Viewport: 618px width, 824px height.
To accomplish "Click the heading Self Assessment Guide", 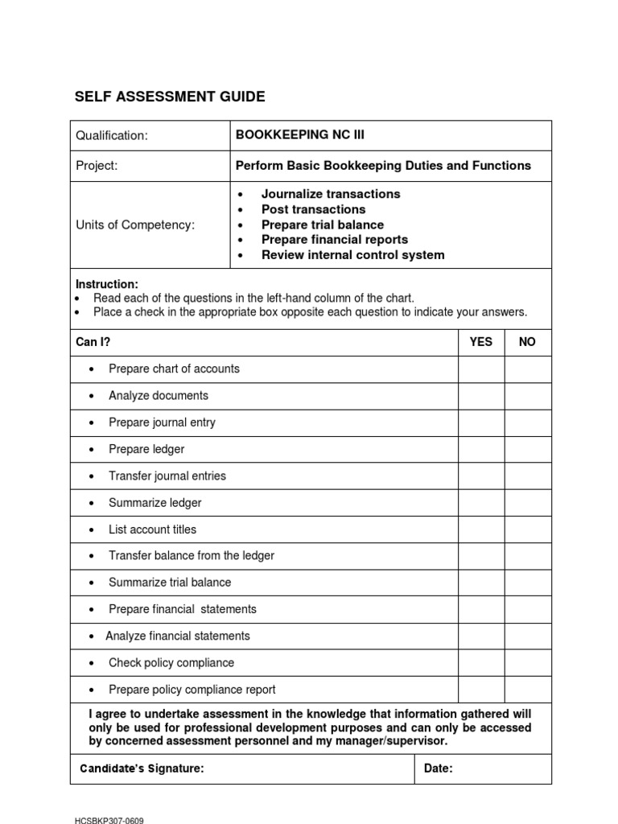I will tap(170, 97).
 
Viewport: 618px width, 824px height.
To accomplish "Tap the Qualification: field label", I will tap(112, 135).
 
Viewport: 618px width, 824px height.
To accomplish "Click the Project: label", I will tap(97, 166).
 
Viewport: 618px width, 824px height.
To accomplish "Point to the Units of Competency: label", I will tap(135, 225).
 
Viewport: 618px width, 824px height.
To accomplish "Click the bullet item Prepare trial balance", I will tap(322, 225).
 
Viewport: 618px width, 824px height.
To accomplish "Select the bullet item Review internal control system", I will tap(352, 255).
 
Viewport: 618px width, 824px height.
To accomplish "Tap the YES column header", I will tap(481, 342).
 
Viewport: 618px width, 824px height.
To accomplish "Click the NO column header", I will tap(527, 342).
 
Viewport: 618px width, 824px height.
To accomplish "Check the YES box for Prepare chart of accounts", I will tap(481, 369).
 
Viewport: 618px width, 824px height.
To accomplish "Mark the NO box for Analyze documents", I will tap(528, 396).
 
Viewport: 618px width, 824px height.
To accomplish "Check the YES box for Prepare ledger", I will tap(481, 449).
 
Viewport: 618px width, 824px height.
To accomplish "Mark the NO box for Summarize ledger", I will tap(528, 503).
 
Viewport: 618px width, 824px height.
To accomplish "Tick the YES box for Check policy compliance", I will tap(481, 663).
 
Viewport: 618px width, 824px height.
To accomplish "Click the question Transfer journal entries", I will tap(167, 476).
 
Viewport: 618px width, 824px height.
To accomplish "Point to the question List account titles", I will tap(152, 529).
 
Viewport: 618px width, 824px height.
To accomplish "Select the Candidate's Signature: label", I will tap(142, 768).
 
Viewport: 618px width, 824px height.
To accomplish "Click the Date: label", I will tap(439, 768).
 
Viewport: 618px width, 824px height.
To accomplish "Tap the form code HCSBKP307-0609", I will tap(109, 821).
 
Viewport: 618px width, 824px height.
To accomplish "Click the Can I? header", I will tap(93, 342).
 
